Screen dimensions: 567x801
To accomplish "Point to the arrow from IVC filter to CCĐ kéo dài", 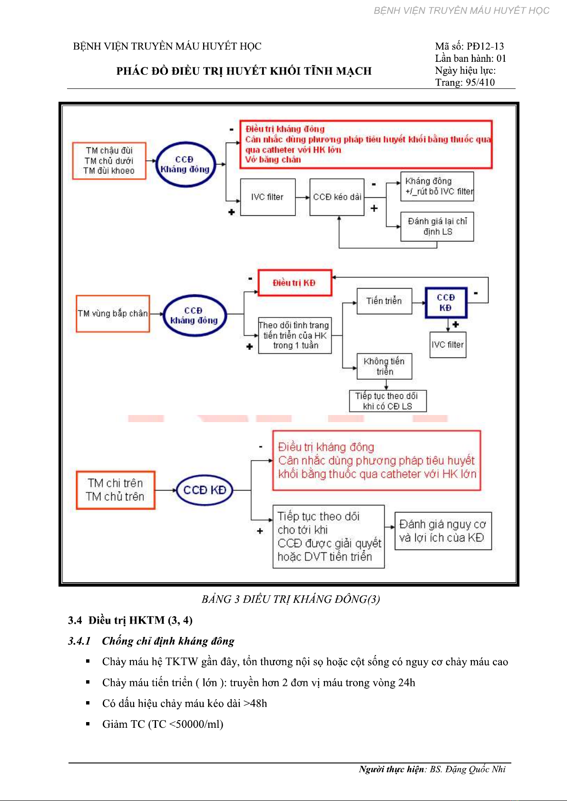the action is tap(303, 197).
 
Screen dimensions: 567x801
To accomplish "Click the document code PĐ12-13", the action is tap(485, 46).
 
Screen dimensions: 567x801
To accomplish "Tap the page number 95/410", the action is tap(480, 83).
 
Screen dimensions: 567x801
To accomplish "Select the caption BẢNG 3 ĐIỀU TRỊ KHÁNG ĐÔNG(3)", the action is tap(291, 599).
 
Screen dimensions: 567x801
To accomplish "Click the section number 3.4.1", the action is tap(79, 641).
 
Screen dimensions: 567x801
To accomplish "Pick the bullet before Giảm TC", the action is tap(88, 724).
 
